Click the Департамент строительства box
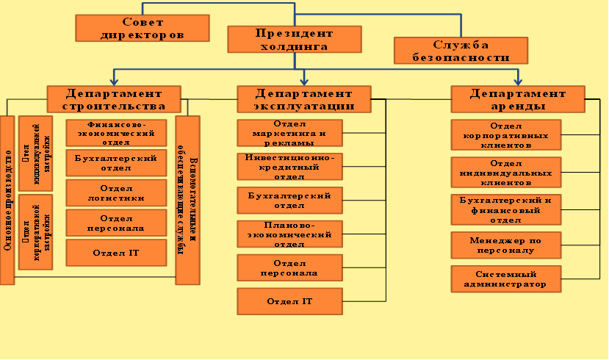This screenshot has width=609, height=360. (x=114, y=99)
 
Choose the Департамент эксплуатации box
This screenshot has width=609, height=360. (x=303, y=99)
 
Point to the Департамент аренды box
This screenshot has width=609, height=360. (x=518, y=99)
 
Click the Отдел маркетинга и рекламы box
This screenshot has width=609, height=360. (x=289, y=133)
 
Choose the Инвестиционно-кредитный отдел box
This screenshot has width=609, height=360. (x=289, y=166)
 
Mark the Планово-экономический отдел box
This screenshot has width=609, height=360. (x=289, y=234)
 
